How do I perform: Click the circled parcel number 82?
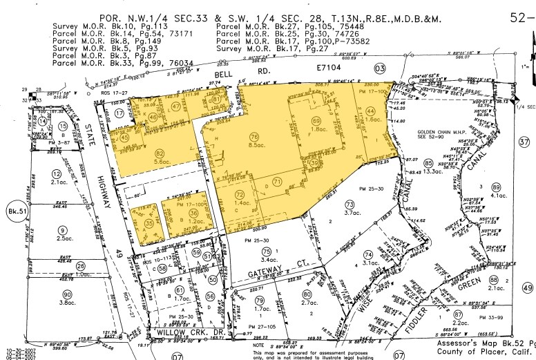pos(161,153)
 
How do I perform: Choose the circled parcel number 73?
pos(350,205)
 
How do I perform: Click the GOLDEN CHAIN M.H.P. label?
pos(441,133)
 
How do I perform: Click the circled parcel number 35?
pos(149,223)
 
